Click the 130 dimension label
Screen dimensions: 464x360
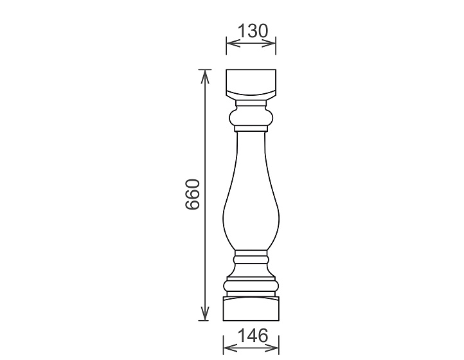click(x=253, y=31)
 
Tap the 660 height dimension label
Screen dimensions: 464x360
click(x=193, y=194)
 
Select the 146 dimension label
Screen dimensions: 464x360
click(x=253, y=336)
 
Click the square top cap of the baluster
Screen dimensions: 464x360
click(x=251, y=83)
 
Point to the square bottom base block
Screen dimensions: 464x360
click(x=251, y=309)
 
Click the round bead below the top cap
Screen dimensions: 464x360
click(x=251, y=118)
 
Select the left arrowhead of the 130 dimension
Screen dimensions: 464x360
click(x=233, y=44)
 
